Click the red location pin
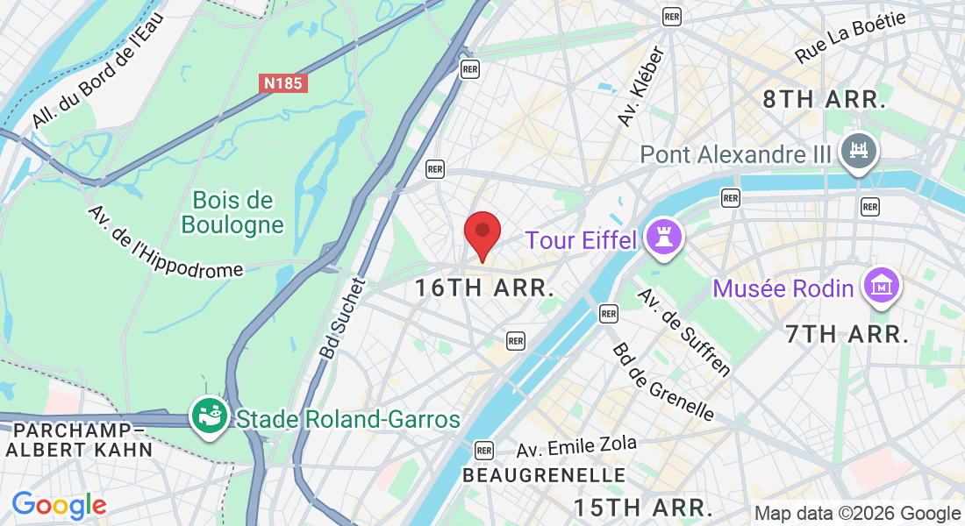point(482,233)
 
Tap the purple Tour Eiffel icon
point(663,239)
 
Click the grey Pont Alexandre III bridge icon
point(859,153)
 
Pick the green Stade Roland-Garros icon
point(210,417)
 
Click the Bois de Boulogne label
point(232,213)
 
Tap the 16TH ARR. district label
point(484,288)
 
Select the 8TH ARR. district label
point(822,99)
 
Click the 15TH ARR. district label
point(642,507)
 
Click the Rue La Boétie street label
point(850,37)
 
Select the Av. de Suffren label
point(683,331)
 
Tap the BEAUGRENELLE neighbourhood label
point(544,475)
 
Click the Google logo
point(58,505)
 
